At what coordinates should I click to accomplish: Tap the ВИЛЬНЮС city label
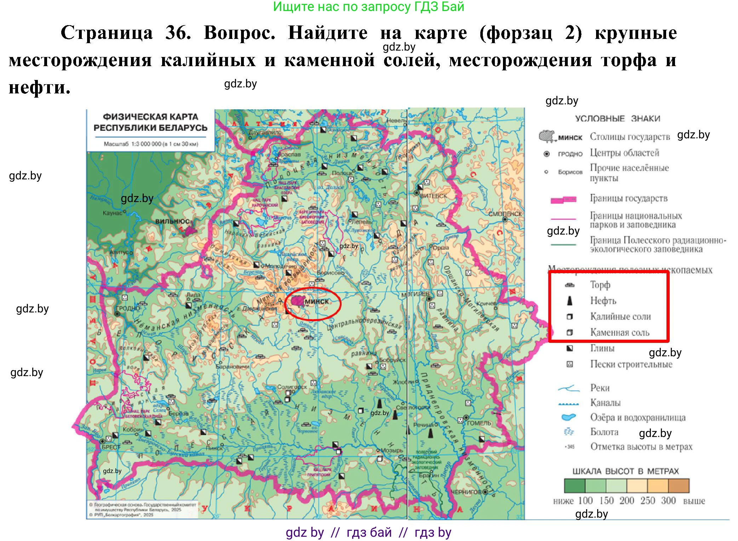(x=172, y=221)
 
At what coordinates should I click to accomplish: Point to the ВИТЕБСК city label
(x=433, y=196)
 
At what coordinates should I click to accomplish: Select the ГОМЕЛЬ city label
(x=479, y=423)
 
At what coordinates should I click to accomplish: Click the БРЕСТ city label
(x=111, y=447)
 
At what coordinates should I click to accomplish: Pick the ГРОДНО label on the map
(x=128, y=308)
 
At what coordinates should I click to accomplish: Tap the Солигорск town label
(x=292, y=387)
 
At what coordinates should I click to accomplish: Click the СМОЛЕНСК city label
(x=505, y=214)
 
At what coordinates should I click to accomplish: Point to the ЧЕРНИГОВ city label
(x=466, y=492)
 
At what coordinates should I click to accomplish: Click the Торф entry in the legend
(x=600, y=285)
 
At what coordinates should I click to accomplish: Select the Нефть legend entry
(x=603, y=301)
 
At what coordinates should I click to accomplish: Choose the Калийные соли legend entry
(x=620, y=317)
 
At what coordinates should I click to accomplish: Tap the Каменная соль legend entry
(x=619, y=333)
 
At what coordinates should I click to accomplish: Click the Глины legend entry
(x=602, y=348)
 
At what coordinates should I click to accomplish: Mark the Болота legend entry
(x=604, y=432)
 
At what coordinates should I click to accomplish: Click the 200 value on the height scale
(x=627, y=501)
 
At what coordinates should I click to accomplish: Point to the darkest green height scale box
(x=574, y=486)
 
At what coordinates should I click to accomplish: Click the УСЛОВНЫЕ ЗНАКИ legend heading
(x=617, y=119)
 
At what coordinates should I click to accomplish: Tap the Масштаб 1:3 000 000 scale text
(x=151, y=144)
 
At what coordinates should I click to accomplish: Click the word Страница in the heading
(x=107, y=33)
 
